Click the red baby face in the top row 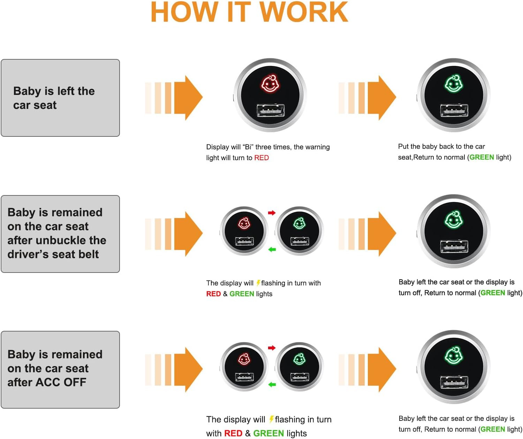tap(270, 83)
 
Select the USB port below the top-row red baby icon tap(271, 111)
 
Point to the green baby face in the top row tap(454, 83)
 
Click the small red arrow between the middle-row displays tap(272, 213)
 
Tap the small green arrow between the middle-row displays tap(272, 250)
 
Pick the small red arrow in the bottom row tap(272, 348)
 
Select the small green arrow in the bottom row tap(272, 385)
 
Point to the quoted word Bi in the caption tap(248, 147)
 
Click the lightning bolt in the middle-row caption tap(258, 283)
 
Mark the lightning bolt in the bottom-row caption tap(271, 419)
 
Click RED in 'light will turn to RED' tap(261, 158)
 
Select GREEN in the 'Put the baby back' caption tap(482, 157)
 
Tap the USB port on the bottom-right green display tap(454, 382)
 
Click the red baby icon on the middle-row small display tap(244, 223)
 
